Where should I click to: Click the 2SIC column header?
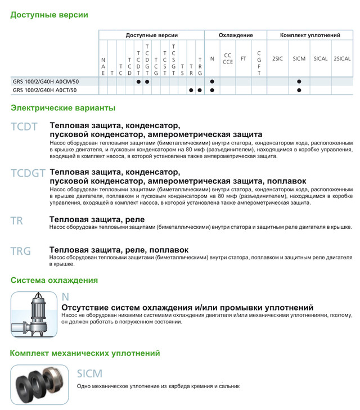tap(278, 58)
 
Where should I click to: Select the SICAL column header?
tap(320, 58)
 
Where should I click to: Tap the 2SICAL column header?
tap(342, 58)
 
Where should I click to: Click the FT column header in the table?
tap(244, 58)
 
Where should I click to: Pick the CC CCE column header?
tap(228, 58)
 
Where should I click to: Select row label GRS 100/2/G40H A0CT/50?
tap(44, 90)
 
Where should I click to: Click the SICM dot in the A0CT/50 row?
tap(299, 90)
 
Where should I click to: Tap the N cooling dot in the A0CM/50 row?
tap(212, 82)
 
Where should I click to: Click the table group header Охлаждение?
tap(235, 35)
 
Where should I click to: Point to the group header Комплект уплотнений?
tap(310, 35)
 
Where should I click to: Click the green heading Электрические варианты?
tap(63, 107)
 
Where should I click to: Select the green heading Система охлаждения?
tap(54, 280)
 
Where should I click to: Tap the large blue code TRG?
tap(20, 251)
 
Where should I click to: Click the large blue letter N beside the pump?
tap(65, 297)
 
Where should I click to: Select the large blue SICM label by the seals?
tap(89, 373)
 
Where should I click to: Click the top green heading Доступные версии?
tap(49, 15)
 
